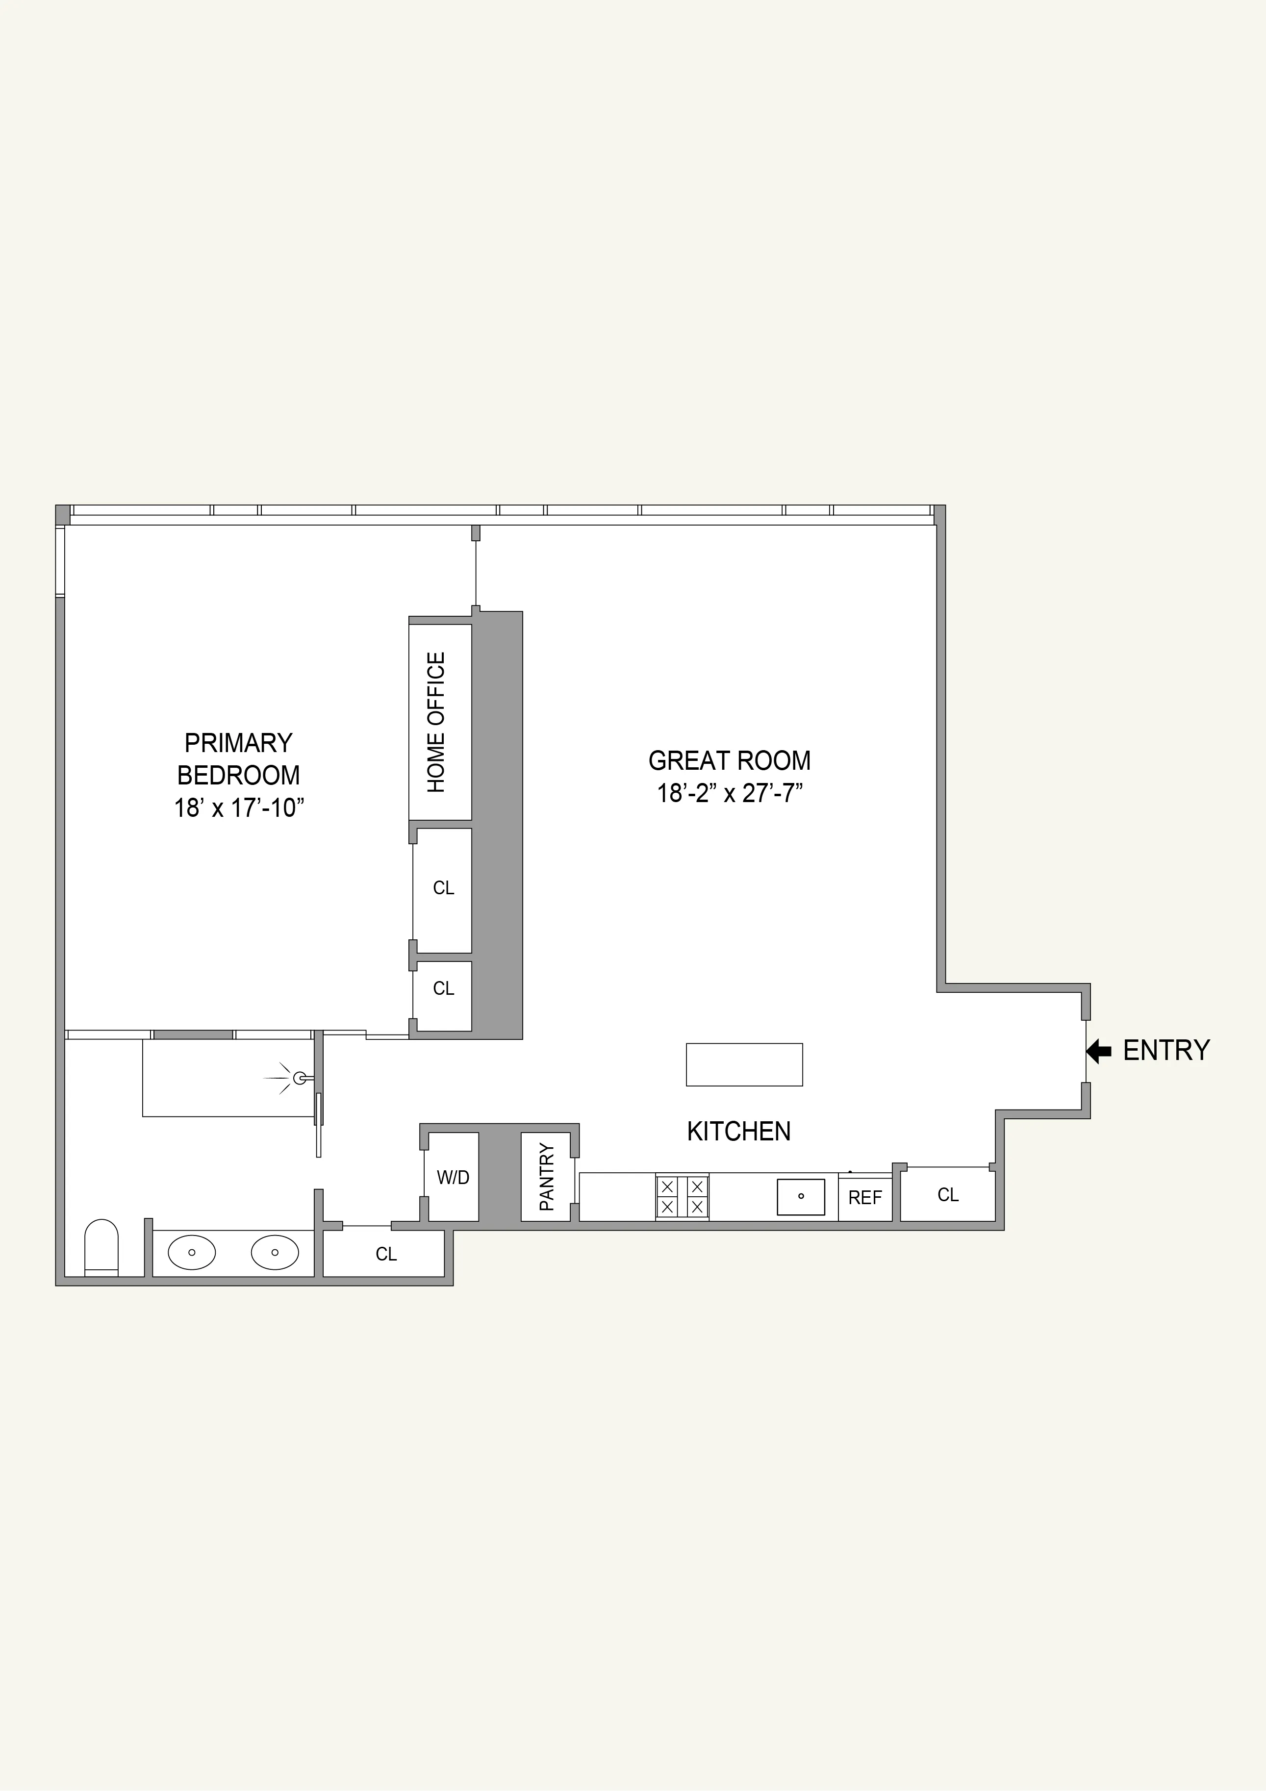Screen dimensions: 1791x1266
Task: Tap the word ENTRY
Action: tap(1166, 1051)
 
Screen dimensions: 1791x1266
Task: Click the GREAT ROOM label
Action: tap(729, 760)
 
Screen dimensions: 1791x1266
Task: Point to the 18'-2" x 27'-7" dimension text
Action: tap(729, 793)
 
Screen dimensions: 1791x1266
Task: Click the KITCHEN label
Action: tap(739, 1131)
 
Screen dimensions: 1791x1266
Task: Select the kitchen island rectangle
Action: tap(744, 1065)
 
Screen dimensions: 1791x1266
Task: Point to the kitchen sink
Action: tap(801, 1197)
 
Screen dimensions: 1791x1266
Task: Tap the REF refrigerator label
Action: tap(865, 1197)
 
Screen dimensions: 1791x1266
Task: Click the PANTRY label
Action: tap(547, 1177)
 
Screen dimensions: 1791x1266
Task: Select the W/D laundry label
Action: tap(453, 1177)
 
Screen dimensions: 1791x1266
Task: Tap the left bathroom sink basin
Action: tap(192, 1253)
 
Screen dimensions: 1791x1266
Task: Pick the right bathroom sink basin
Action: tap(275, 1253)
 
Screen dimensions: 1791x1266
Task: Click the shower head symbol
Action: tap(298, 1078)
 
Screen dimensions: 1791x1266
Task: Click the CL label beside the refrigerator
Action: tap(948, 1195)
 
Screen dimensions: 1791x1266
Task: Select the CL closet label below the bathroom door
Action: tap(386, 1254)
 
